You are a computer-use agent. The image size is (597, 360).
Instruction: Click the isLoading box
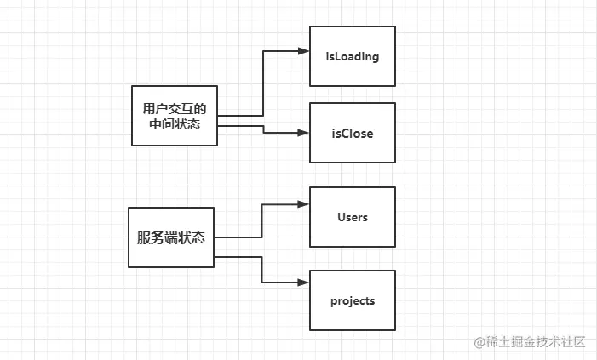353,56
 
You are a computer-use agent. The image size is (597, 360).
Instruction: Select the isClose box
353,133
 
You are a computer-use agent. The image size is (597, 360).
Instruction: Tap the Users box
353,217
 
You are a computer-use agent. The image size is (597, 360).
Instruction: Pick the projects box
353,300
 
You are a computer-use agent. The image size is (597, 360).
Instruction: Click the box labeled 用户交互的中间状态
175,116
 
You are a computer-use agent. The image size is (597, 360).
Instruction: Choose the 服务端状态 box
171,237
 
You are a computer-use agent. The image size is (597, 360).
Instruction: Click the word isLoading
353,57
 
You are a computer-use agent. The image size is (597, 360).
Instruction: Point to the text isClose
353,134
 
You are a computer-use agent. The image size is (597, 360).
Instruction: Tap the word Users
353,217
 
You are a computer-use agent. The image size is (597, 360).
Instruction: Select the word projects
353,301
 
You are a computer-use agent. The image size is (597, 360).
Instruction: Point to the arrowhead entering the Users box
303,204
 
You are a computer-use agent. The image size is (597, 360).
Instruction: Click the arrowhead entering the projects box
303,283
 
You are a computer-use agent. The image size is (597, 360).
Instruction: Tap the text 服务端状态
171,237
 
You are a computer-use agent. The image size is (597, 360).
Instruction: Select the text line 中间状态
175,124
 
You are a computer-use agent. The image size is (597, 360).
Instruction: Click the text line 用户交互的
175,108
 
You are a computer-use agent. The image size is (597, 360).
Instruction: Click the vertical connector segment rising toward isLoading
264,83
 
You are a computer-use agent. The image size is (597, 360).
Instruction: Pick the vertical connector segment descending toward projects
262,269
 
